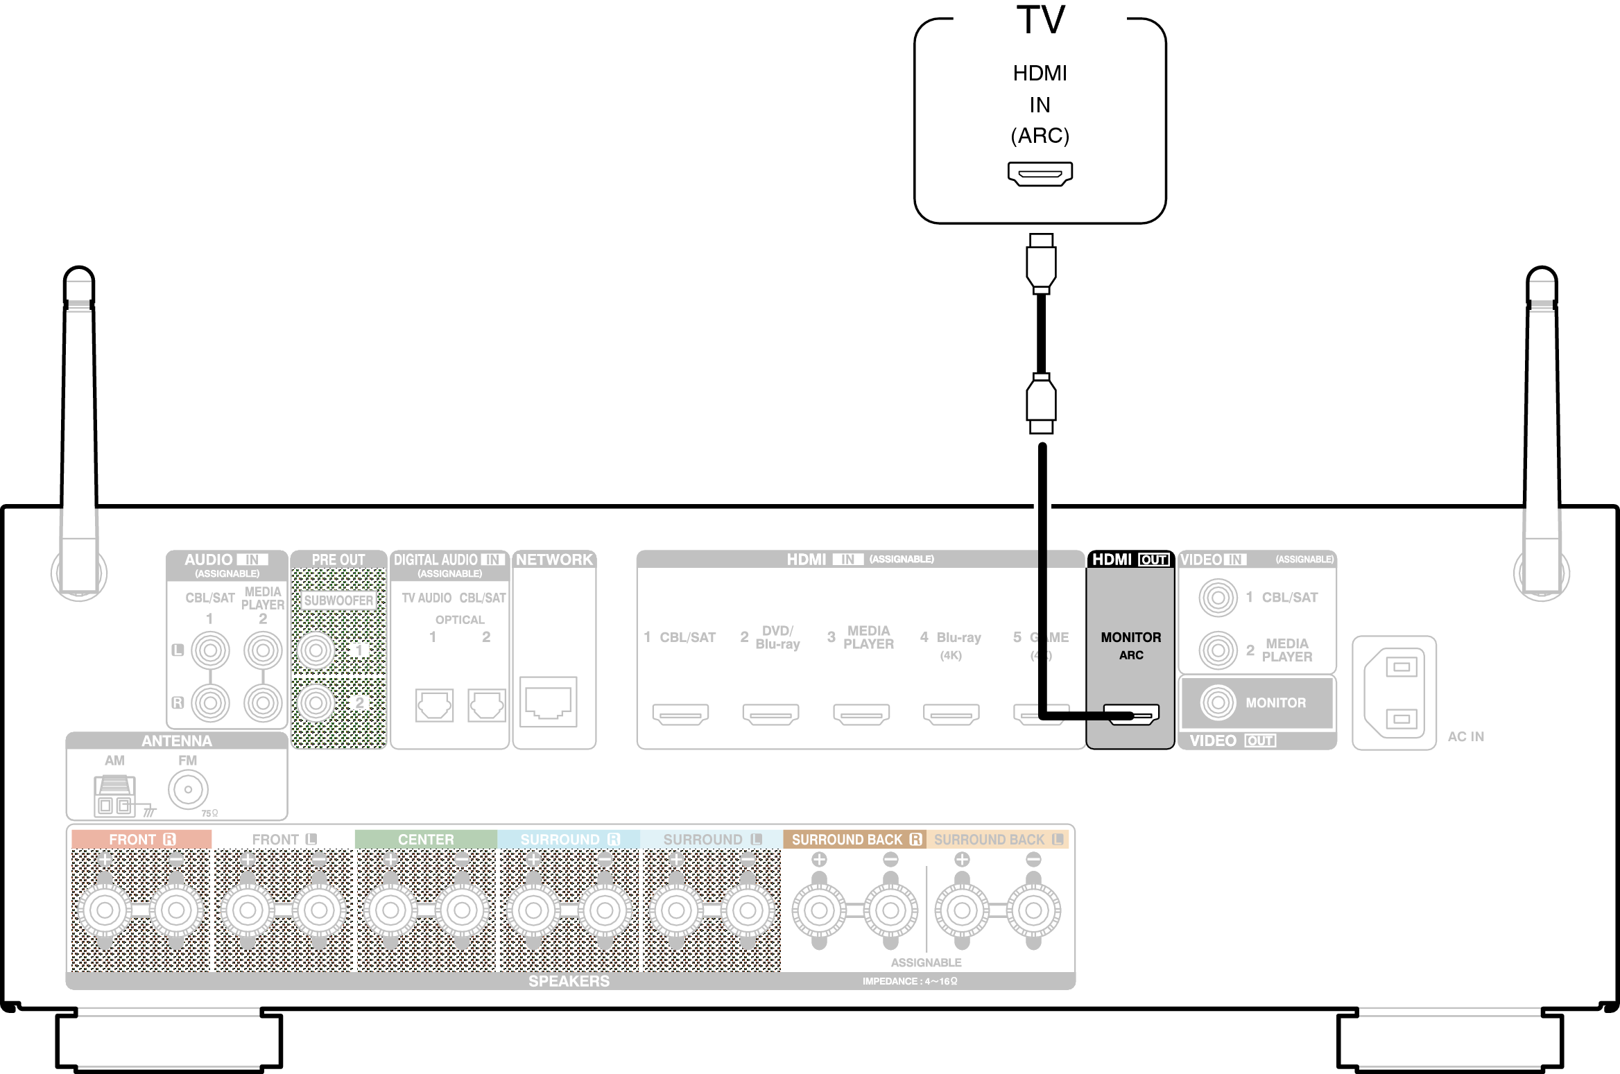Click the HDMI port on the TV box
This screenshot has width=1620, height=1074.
click(1040, 173)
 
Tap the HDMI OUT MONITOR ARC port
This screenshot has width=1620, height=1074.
click(1131, 714)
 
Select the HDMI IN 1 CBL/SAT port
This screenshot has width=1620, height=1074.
click(680, 713)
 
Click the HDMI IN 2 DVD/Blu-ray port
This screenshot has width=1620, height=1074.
click(770, 713)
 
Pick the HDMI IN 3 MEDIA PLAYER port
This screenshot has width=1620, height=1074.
click(861, 713)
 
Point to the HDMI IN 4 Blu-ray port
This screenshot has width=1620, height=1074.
click(951, 713)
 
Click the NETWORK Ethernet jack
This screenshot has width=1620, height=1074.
click(548, 702)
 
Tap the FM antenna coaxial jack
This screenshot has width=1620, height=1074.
click(188, 789)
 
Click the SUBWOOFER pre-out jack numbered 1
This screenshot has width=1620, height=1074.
click(316, 650)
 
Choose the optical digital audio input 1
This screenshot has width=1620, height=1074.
click(434, 705)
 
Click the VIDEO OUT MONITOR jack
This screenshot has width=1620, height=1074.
click(1218, 702)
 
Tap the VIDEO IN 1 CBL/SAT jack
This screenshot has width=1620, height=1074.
click(1218, 597)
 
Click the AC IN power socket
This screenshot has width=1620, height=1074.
click(1394, 693)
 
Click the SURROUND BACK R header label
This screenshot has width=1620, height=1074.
click(856, 840)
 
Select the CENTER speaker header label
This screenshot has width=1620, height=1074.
click(426, 840)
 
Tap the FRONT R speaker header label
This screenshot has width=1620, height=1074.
click(141, 840)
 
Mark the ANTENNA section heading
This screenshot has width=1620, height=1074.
click(177, 741)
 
